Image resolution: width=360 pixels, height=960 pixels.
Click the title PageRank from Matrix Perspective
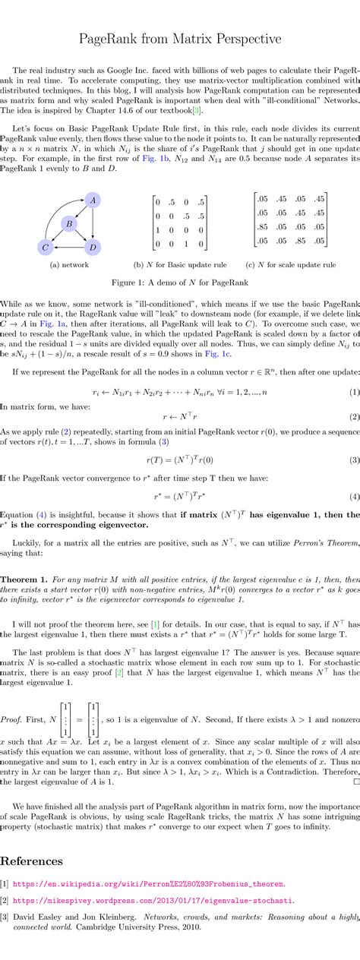(x=180, y=39)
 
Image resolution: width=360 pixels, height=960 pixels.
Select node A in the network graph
(x=93, y=200)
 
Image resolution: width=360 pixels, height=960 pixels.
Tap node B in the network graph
(x=69, y=223)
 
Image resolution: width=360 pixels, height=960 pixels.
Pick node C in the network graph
(x=46, y=247)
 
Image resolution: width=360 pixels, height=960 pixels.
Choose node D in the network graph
(x=93, y=247)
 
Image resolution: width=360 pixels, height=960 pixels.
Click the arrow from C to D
(x=69, y=247)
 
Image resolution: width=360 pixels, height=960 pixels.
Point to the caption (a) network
(x=69, y=265)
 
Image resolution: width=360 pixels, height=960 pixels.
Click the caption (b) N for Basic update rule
(x=180, y=265)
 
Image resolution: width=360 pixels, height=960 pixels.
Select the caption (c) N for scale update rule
(x=291, y=265)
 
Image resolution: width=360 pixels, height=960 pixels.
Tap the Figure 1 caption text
(x=180, y=283)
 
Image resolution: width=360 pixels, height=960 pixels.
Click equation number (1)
(x=354, y=392)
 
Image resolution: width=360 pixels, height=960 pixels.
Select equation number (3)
(x=354, y=460)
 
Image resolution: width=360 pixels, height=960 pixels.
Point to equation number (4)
(x=354, y=496)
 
